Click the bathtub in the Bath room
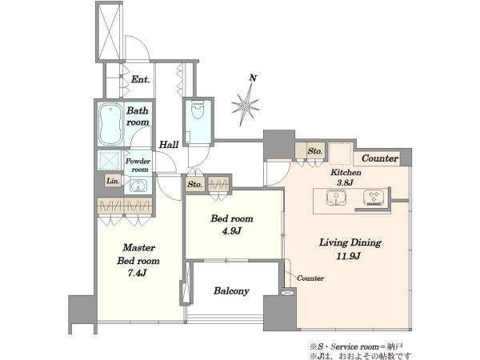tap(110, 124)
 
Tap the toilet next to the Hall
tap(198, 110)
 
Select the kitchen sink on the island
tap(336, 198)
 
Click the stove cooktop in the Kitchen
tap(374, 198)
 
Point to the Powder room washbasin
tap(138, 186)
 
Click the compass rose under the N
tap(246, 105)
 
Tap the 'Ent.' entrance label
tap(141, 79)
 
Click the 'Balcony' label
tap(231, 291)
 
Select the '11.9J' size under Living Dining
tap(348, 256)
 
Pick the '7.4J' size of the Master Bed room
tap(137, 273)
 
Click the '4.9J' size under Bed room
tap(232, 231)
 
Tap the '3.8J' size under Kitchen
tap(345, 182)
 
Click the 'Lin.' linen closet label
tap(113, 181)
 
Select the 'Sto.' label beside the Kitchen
tap(315, 151)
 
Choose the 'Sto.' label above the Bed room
tap(194, 184)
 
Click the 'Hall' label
tap(169, 145)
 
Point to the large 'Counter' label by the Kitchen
tap(380, 158)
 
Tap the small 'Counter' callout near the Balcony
tap(310, 278)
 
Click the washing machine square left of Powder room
tap(110, 160)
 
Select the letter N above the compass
tap(253, 78)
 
